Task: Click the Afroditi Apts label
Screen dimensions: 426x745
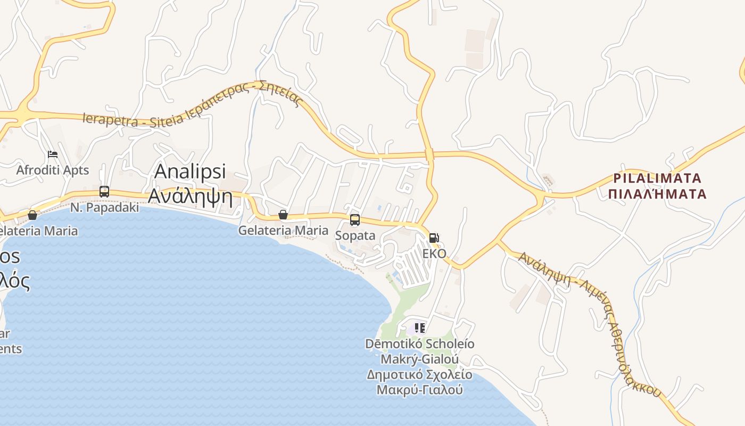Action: coord(53,170)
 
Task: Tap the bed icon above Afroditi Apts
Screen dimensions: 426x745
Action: coord(53,154)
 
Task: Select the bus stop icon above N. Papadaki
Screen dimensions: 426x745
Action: coord(104,192)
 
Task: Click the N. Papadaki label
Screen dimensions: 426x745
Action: coord(104,208)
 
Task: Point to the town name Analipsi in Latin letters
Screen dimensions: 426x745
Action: coord(190,171)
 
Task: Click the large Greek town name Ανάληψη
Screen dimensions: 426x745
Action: coord(191,196)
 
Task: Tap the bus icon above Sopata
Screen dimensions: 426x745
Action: coord(355,219)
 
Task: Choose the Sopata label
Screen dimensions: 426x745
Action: coord(355,235)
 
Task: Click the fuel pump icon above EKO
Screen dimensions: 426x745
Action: coord(434,237)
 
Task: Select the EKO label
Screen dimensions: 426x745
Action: coord(434,253)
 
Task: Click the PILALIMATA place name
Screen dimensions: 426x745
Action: coord(658,178)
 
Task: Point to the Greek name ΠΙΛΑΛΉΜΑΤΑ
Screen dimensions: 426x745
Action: coord(658,193)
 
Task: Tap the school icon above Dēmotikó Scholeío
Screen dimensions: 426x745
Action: coord(420,327)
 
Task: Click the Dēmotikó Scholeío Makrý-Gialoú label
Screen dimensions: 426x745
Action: coord(420,351)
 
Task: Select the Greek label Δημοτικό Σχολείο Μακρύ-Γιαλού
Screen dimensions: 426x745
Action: coord(420,382)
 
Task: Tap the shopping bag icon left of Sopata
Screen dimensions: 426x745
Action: coord(283,215)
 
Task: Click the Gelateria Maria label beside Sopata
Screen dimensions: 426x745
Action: coord(283,231)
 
